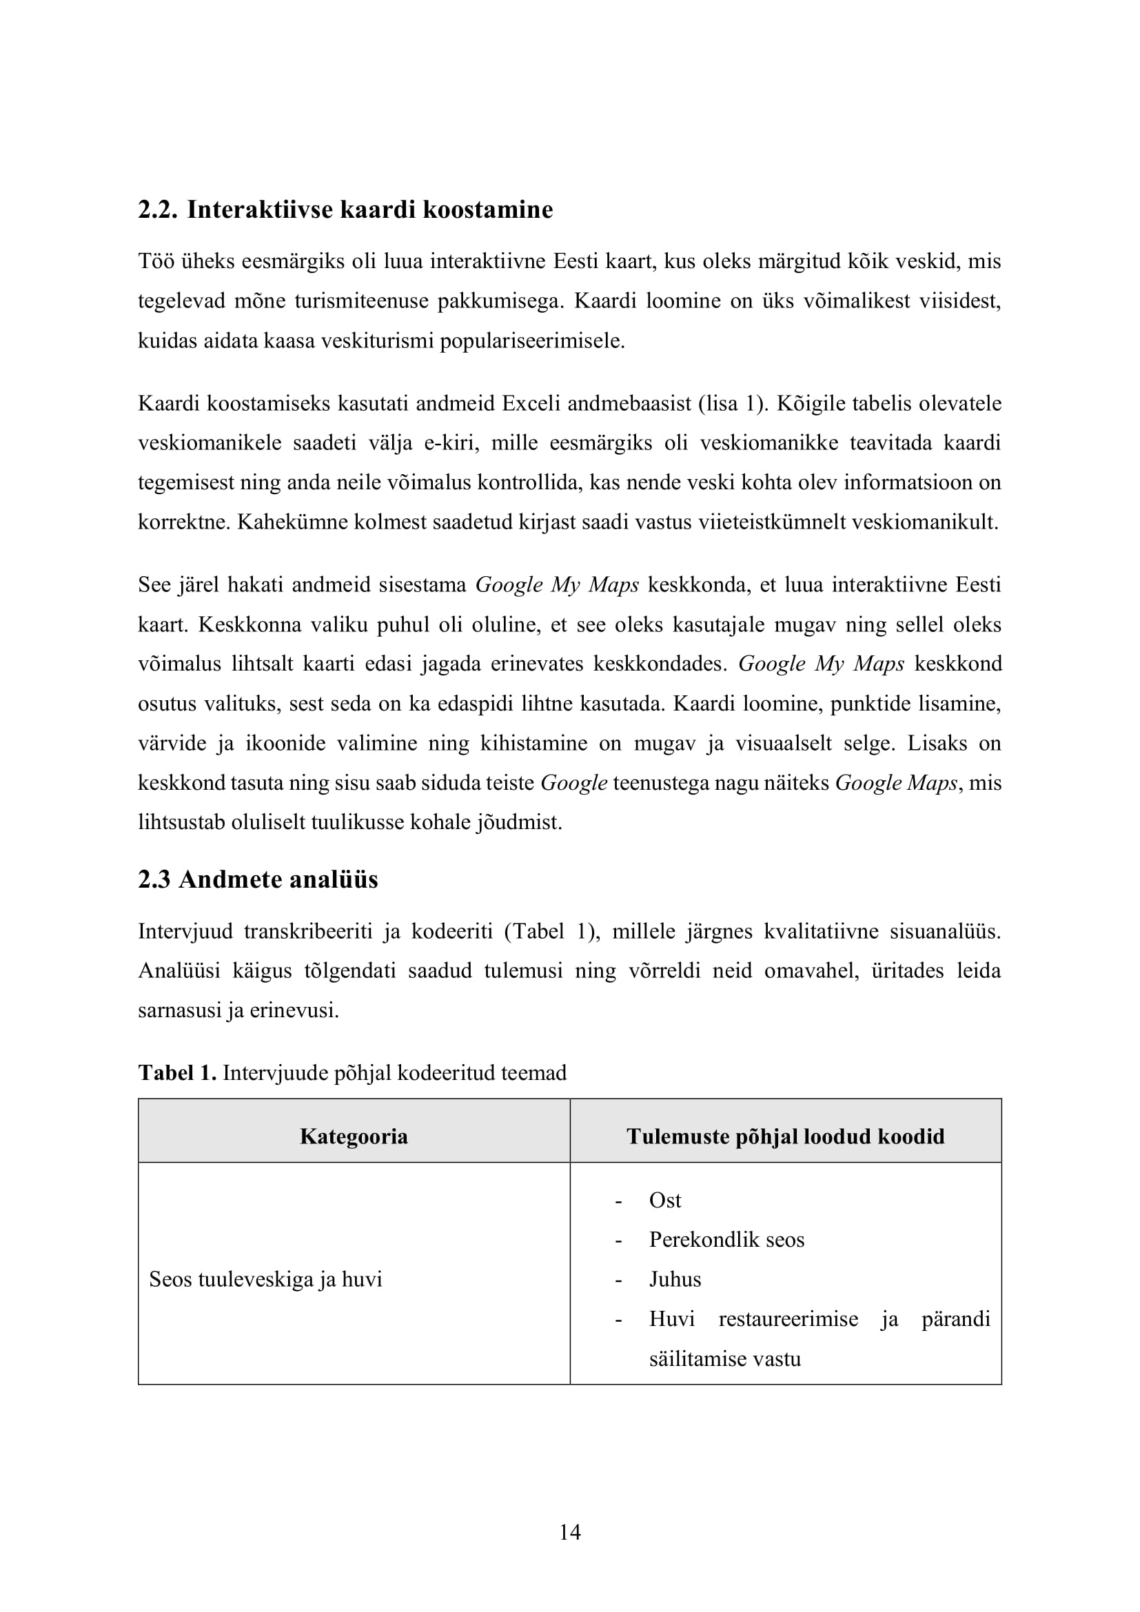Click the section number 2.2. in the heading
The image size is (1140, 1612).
click(x=158, y=210)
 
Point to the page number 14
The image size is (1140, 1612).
click(x=569, y=1532)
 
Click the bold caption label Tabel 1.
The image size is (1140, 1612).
click(x=177, y=1073)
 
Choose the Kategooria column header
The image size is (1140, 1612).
click(x=354, y=1136)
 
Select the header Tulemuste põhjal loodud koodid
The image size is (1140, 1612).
click(x=785, y=1136)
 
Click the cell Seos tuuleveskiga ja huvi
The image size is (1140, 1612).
click(x=265, y=1279)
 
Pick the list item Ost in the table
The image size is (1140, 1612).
click(x=664, y=1201)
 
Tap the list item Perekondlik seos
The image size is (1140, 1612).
click(x=726, y=1240)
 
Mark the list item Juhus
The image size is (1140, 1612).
click(x=675, y=1279)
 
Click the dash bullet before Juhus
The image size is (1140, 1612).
click(x=618, y=1280)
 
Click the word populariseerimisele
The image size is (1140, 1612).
click(x=532, y=342)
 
